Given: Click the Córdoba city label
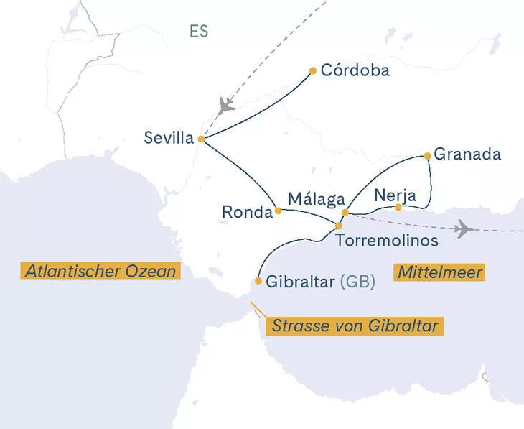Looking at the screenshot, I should pos(355,70).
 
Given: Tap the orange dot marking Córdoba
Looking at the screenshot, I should pos(313,70).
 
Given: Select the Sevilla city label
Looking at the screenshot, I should pos(169,138).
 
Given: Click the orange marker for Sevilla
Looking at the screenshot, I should pos(201,139).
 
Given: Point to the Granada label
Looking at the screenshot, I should pos(467,154).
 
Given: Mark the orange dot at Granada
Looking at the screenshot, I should pos(428,155).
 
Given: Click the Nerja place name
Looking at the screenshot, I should pos(396,195).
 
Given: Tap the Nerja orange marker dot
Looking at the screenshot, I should pos(398,208).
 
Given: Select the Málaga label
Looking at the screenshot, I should pos(317,198).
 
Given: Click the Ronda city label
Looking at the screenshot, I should pos(247,213).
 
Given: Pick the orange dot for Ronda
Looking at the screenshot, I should pos(279,211).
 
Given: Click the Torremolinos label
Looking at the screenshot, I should pos(387,241).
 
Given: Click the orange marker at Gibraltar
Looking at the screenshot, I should pos(258,281).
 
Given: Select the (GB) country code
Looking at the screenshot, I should pos(357,282).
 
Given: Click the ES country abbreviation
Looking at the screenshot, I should pos(199,32).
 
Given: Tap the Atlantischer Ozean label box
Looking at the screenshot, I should pos(100,271).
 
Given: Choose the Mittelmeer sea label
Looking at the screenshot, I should pos(439,272).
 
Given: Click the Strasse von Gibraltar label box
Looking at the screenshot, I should pos(355,326).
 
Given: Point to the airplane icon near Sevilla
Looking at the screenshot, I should pos(226,105).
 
